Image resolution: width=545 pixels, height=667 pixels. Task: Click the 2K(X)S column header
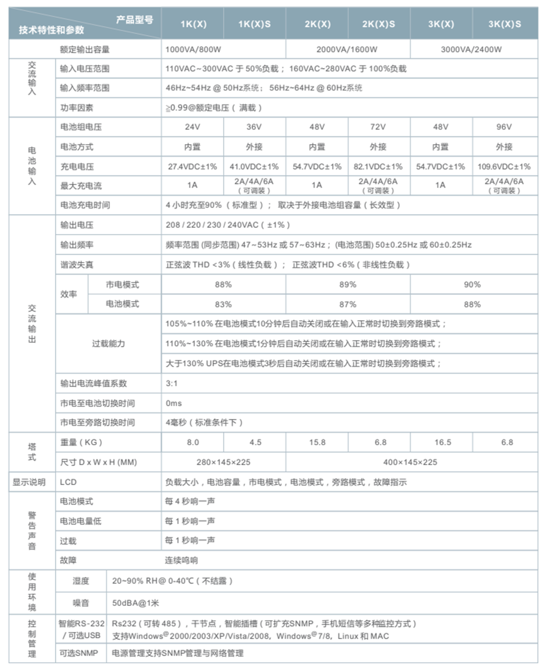[379, 24]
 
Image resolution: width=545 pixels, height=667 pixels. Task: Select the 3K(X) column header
[441, 24]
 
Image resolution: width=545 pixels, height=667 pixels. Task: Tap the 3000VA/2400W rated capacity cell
[471, 49]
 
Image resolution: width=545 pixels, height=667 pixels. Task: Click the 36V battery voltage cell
[254, 127]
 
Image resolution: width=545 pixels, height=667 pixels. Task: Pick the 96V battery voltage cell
[504, 127]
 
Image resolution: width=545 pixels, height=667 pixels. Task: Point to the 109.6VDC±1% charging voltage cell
[504, 166]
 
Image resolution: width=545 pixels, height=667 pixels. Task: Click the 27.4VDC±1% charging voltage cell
[193, 166]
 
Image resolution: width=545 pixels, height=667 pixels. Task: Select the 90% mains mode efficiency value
[472, 284]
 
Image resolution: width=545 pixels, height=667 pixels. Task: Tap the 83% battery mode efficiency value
[223, 304]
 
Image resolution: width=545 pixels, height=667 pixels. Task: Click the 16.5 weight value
[443, 442]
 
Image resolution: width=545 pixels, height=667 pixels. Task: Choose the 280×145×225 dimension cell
[223, 462]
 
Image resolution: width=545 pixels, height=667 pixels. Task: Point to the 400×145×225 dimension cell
[410, 462]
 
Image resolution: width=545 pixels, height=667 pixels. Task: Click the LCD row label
[68, 482]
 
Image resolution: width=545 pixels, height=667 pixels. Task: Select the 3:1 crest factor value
[172, 383]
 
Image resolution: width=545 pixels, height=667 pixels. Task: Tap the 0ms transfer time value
[174, 403]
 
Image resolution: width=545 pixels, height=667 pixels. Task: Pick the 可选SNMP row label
[79, 653]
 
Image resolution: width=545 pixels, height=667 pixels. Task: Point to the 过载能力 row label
[109, 343]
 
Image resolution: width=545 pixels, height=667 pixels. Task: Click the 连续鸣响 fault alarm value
[181, 560]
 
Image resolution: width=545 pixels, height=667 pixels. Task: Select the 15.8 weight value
[317, 442]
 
